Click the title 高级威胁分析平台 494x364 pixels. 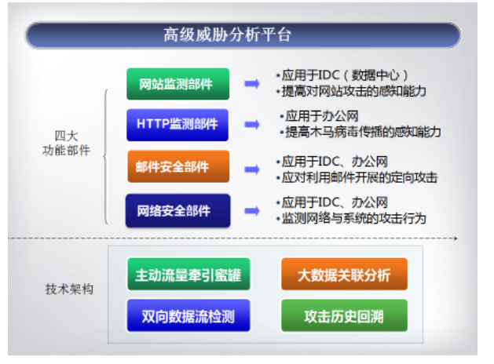227,35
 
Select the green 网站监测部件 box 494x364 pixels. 178,84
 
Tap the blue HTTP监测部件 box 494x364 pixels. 177,125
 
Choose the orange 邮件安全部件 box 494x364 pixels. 178,166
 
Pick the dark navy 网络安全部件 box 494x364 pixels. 177,210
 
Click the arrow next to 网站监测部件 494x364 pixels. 252,84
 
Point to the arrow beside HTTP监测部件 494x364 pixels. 252,125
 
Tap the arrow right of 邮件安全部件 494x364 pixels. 252,169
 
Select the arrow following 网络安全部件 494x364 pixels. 252,211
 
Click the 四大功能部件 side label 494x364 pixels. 67,144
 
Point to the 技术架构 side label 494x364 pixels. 69,289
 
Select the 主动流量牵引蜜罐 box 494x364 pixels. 188,275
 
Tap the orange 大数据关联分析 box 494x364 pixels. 344,274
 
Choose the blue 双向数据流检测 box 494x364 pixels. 188,315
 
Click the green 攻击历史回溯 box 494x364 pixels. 344,315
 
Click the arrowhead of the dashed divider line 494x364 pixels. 456,238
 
